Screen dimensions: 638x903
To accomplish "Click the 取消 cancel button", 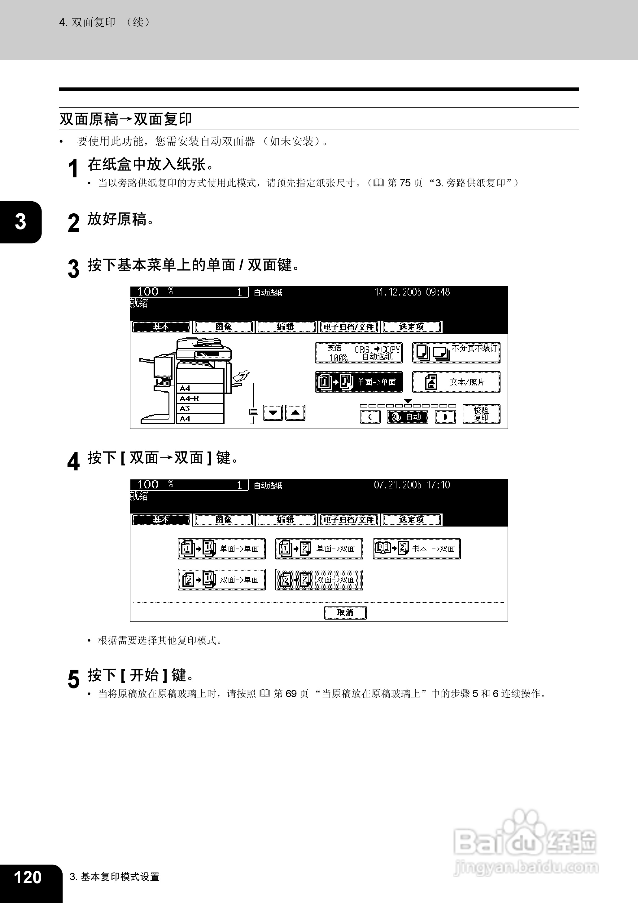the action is pos(345,612).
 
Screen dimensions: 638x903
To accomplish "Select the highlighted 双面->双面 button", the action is pos(319,580).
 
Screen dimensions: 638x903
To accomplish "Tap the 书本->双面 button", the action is pos(417,549).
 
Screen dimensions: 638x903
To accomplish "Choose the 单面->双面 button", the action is pos(319,549).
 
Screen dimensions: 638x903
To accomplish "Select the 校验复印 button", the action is pos(481,414).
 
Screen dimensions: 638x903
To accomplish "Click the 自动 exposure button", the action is pos(407,416).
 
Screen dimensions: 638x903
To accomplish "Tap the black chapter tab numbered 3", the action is pos(20,222).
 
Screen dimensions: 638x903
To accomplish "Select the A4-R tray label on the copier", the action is pos(189,398).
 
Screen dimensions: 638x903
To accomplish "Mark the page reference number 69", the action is pos(291,693).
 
